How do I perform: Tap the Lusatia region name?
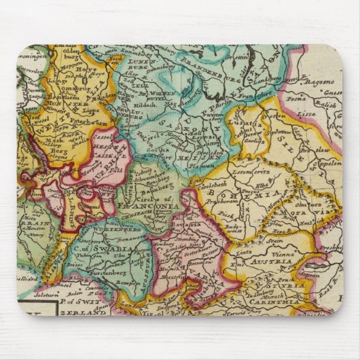click(259, 124)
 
